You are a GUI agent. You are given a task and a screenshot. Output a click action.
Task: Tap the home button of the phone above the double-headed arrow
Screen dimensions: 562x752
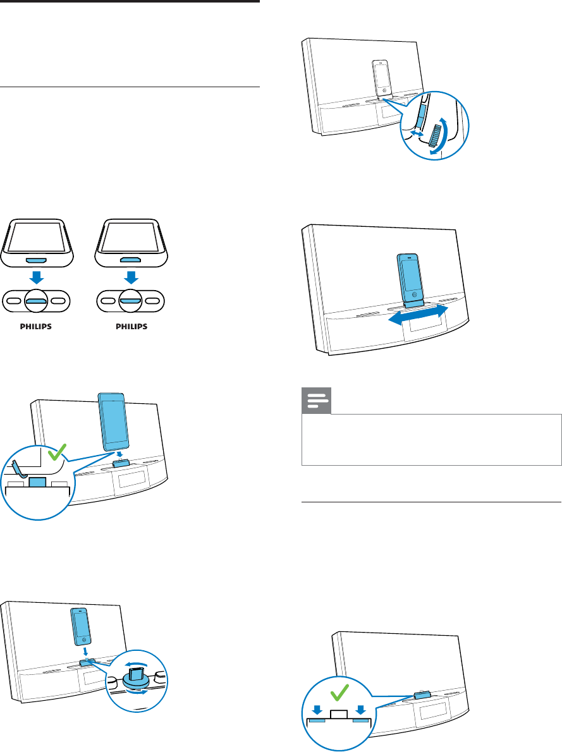pyautogui.click(x=413, y=294)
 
